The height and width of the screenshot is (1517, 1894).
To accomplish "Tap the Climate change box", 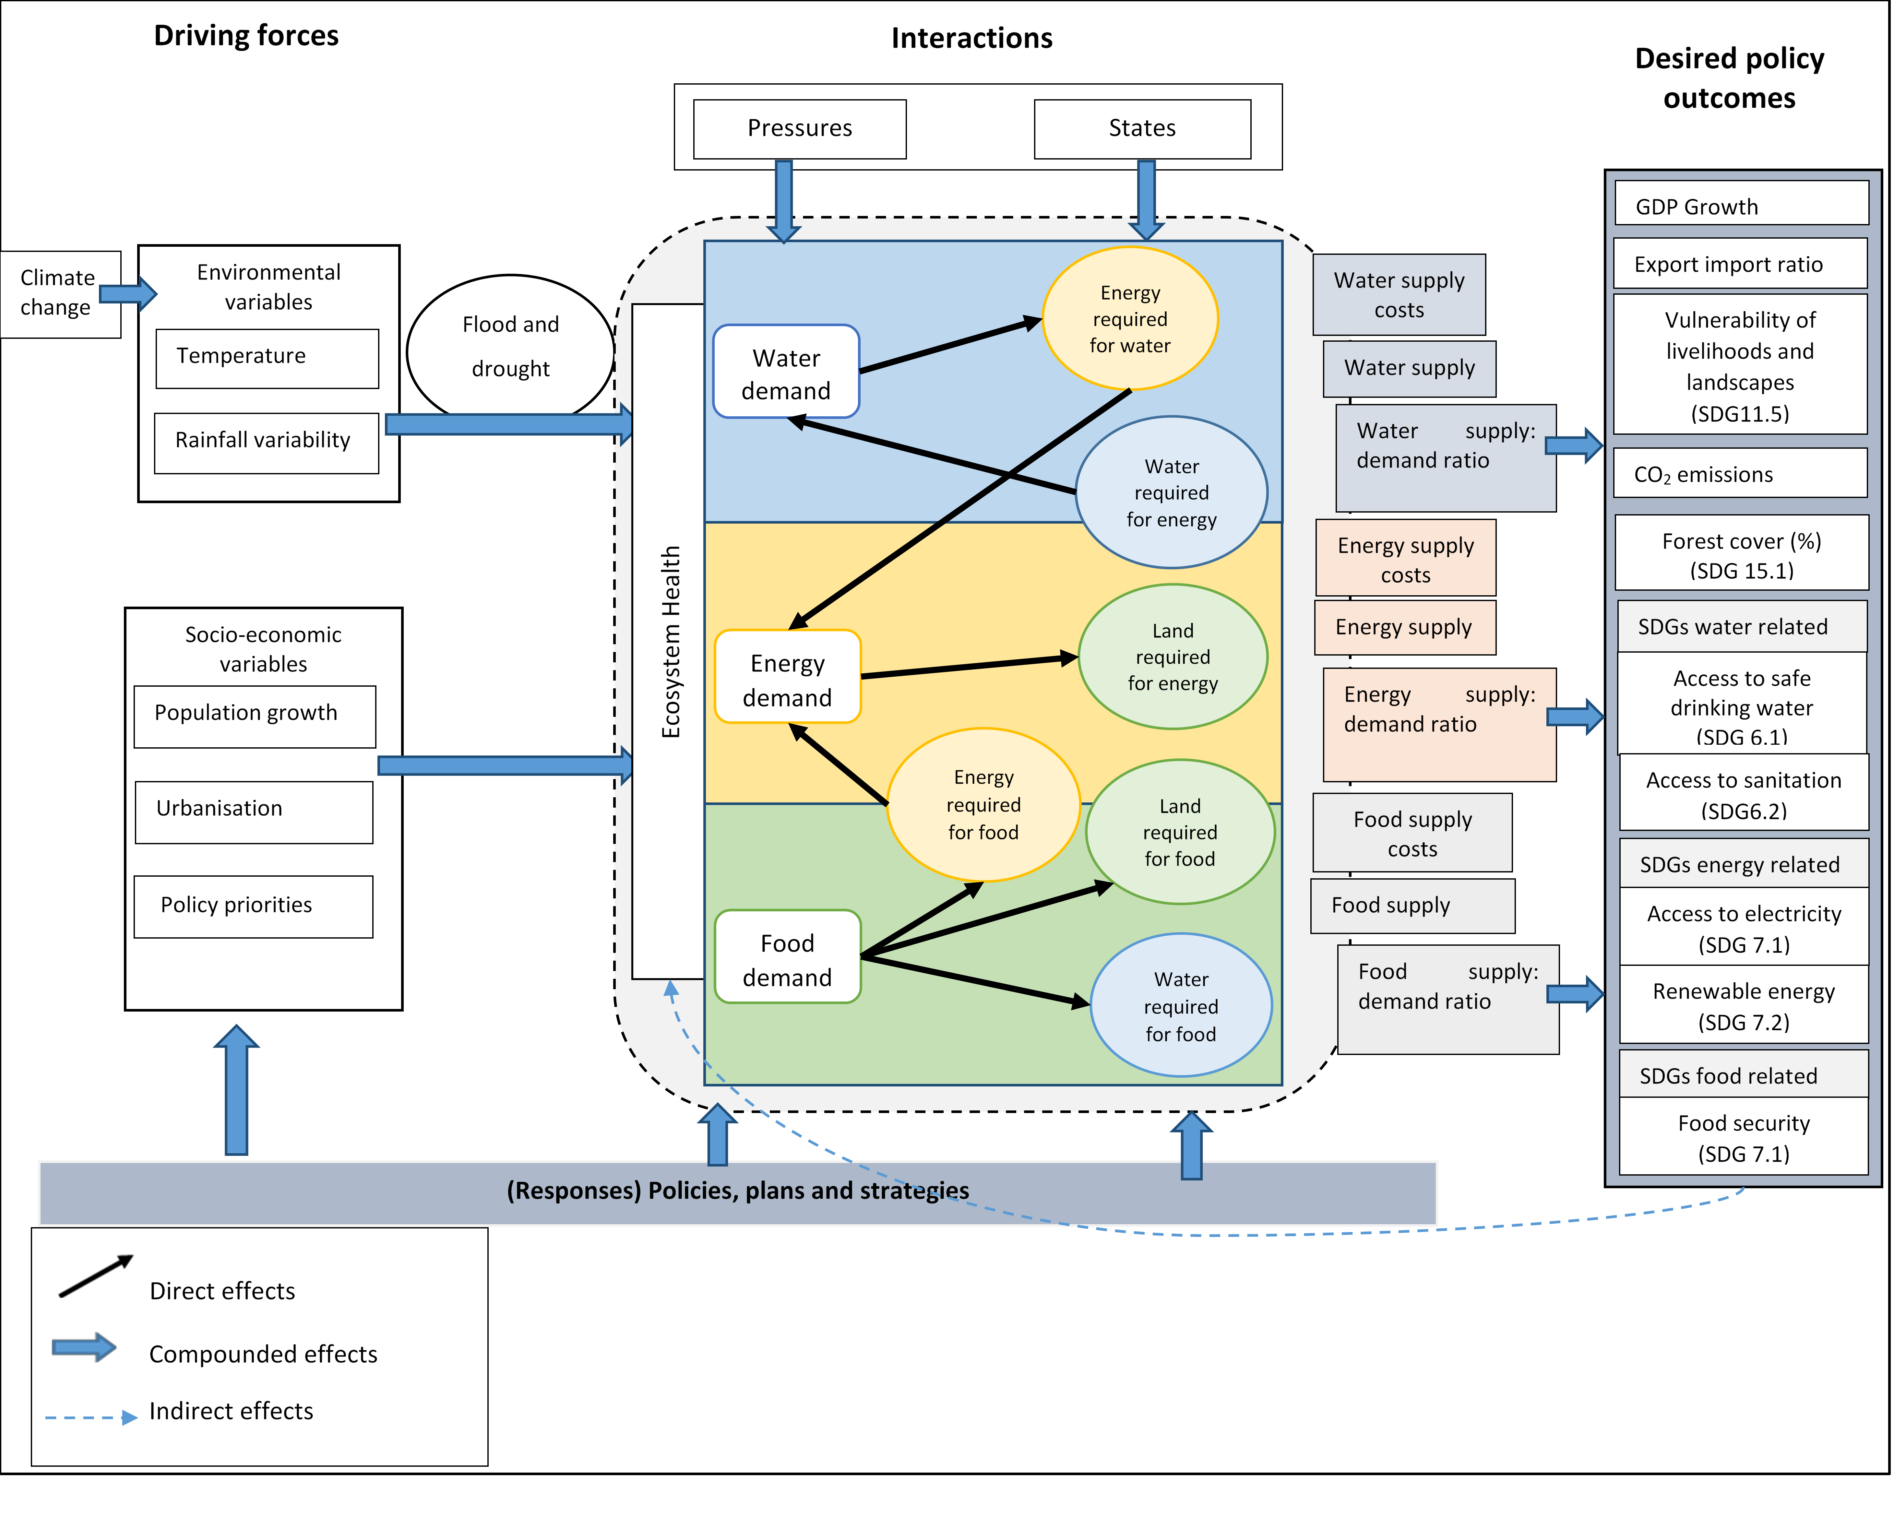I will click(58, 293).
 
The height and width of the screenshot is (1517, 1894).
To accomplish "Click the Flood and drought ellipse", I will click(510, 347).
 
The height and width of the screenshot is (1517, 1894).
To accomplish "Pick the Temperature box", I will click(267, 358).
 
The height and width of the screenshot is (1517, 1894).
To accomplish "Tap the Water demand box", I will click(786, 373).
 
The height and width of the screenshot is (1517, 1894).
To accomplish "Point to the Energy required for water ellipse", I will click(1130, 318).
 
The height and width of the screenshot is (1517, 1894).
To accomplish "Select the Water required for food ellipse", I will click(1181, 1006).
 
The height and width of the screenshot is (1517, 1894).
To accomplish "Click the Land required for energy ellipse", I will click(1173, 657).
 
